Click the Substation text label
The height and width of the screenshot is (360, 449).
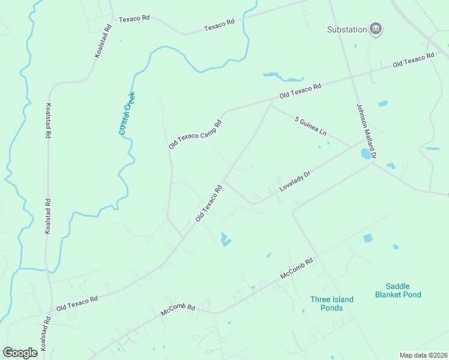tap(347, 29)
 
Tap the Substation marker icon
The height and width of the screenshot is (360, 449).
tap(376, 29)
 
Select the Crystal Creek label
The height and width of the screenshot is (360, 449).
tap(127, 113)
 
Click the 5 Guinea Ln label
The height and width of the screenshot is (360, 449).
tap(310, 126)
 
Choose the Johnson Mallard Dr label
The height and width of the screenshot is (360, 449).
tap(366, 131)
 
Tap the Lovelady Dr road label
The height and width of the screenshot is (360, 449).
tap(295, 182)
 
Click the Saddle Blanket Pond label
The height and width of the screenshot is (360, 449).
tap(398, 290)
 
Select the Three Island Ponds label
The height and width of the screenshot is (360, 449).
tap(331, 304)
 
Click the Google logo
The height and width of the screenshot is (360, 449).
tap(20, 352)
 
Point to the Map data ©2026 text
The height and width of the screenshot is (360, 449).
tap(423, 355)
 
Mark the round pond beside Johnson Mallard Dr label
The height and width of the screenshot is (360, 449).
tap(365, 154)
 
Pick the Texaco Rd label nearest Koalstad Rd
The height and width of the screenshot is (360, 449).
tap(134, 19)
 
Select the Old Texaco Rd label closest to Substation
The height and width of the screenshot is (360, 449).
tap(413, 60)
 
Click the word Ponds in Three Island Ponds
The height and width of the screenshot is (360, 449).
tap(331, 308)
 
